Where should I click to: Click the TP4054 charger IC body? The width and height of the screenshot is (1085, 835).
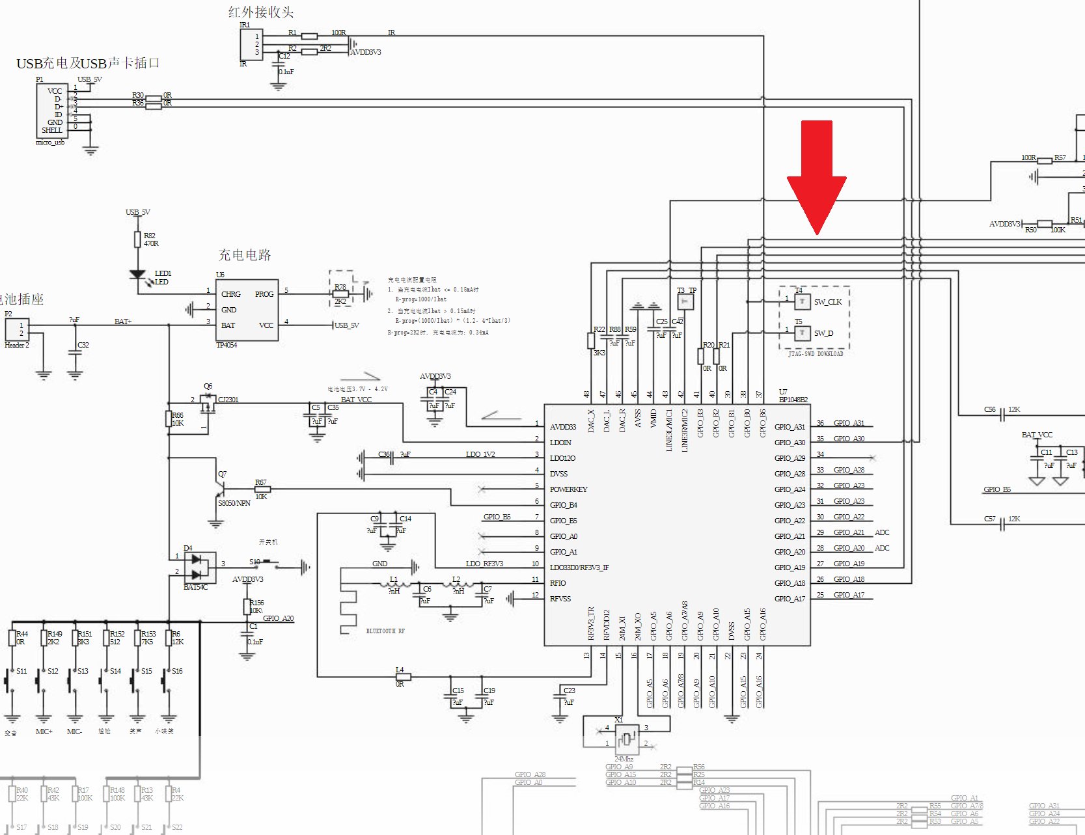point(247,310)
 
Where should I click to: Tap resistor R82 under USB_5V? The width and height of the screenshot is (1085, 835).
point(137,240)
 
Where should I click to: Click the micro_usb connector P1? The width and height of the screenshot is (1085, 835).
point(52,111)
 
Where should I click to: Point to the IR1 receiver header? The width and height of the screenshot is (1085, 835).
point(251,44)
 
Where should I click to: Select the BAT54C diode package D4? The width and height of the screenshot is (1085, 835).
point(200,567)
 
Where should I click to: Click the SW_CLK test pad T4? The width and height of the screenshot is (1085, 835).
point(802,301)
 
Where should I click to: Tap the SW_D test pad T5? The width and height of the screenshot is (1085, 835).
point(802,333)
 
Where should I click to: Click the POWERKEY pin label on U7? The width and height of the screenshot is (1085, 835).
point(568,489)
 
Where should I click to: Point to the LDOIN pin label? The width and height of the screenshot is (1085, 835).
point(560,443)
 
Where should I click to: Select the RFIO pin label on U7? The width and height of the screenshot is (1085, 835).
point(558,583)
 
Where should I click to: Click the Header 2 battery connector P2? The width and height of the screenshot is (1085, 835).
point(16,329)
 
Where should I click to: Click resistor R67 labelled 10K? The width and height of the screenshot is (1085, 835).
point(262,489)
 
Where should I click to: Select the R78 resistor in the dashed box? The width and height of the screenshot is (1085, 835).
point(340,294)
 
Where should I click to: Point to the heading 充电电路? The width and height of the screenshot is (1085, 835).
point(244,255)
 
